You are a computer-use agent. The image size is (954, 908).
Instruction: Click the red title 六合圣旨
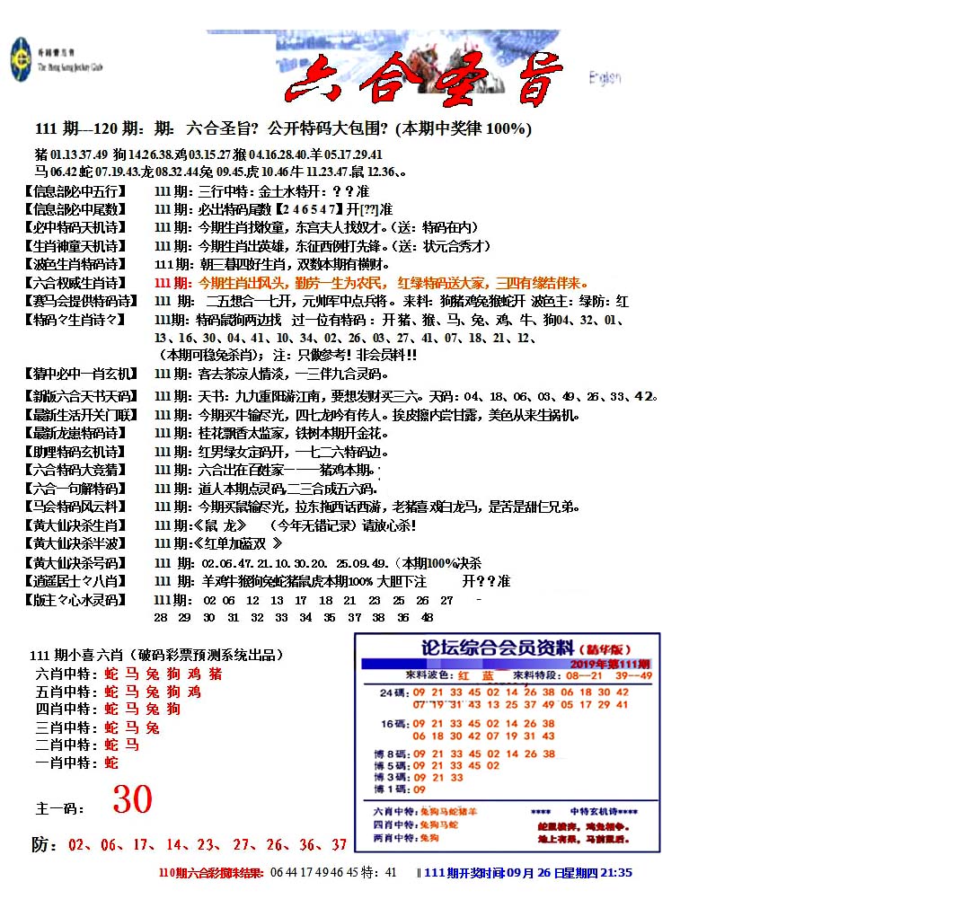point(423,79)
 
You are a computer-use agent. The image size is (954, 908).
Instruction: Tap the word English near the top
point(605,78)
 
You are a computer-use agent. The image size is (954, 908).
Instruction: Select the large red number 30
point(132,798)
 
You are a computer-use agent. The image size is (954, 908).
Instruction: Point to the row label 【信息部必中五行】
point(76,191)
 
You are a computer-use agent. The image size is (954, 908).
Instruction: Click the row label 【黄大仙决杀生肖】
point(76,525)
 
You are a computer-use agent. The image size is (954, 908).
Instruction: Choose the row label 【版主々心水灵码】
point(76,600)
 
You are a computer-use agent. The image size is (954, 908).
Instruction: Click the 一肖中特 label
point(65,763)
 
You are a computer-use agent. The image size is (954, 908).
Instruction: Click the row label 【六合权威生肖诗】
point(76,283)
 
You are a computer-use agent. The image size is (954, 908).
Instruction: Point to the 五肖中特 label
point(65,692)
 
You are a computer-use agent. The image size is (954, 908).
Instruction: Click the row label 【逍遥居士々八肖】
point(76,581)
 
